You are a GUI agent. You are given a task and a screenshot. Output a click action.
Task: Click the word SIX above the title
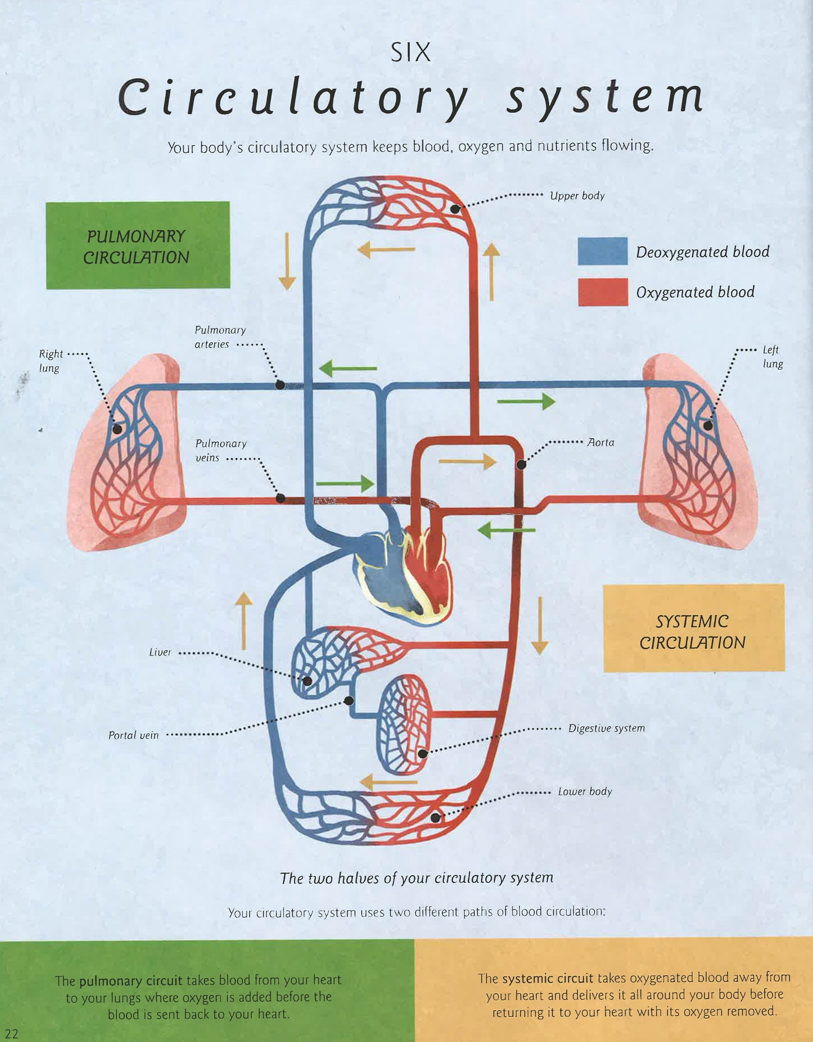410,53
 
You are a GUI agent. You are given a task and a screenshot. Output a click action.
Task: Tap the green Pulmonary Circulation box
138,245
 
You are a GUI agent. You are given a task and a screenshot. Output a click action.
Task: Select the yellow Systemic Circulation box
693,628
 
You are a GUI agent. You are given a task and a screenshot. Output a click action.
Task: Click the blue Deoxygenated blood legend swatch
603,251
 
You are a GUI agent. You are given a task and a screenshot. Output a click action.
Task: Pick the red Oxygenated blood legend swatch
603,292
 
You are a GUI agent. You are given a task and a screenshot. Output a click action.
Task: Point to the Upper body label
577,196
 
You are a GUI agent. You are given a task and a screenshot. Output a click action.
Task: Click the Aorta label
601,442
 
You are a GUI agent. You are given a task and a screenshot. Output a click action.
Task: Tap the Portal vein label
133,735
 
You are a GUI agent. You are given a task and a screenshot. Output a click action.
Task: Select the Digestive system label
606,728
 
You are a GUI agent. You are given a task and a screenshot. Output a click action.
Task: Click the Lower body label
585,792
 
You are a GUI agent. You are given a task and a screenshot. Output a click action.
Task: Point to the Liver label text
160,652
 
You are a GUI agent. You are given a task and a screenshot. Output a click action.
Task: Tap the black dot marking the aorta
521,465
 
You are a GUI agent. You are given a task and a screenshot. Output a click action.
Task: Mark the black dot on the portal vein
349,701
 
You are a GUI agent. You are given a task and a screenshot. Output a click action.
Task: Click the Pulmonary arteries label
220,337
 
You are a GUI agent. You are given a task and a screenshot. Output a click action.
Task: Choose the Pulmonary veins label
220,451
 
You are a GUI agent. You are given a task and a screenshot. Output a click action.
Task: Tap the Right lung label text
50,361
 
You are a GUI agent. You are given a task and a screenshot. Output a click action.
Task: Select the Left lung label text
772,356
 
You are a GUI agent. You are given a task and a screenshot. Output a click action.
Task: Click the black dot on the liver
307,681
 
